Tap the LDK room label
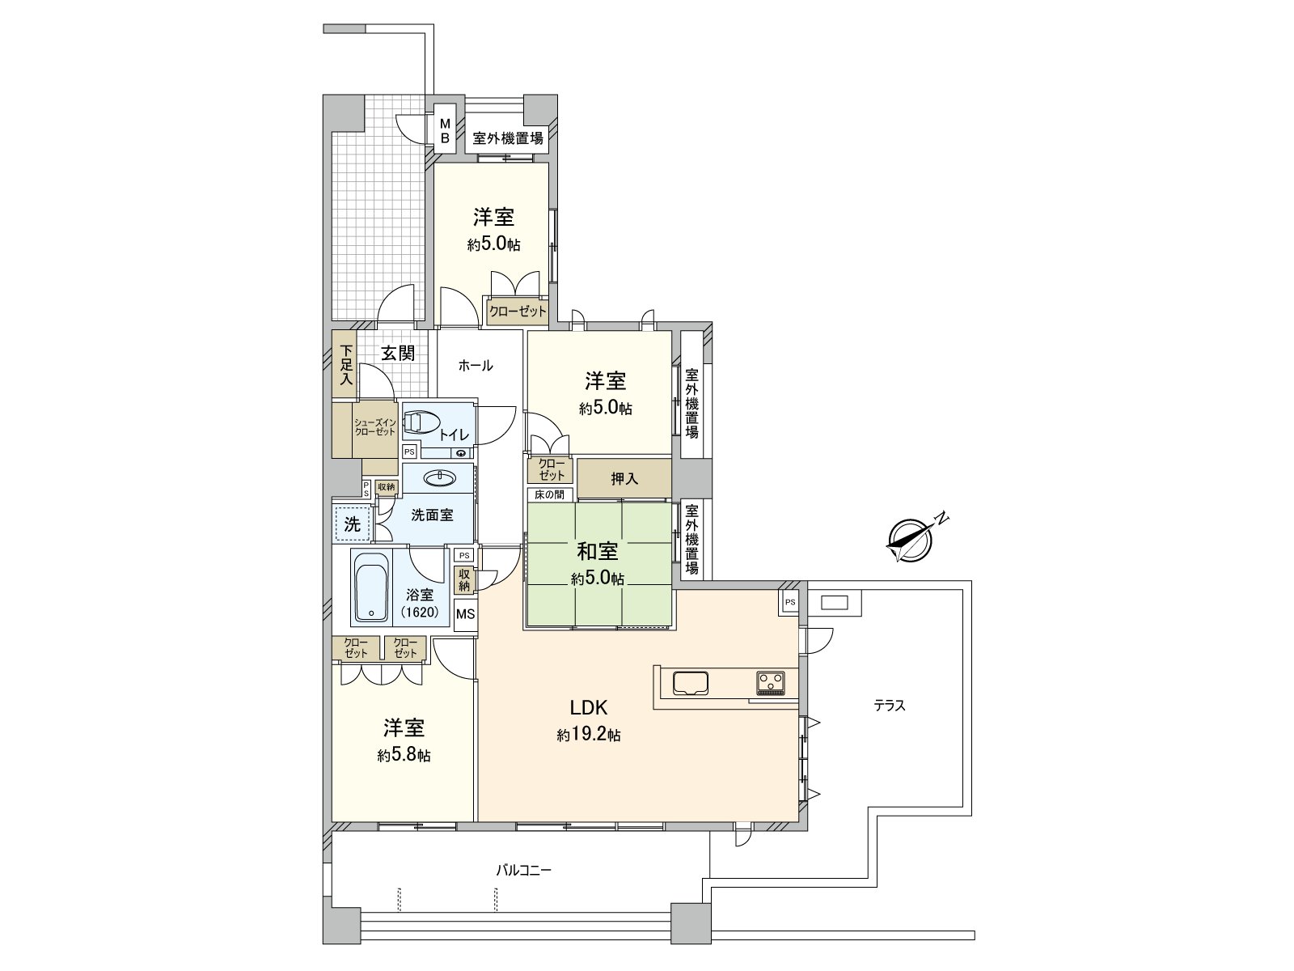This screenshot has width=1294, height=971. (588, 707)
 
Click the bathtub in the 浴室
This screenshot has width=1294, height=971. (371, 587)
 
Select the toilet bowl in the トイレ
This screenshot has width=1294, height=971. (421, 422)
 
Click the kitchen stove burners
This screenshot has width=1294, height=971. (770, 683)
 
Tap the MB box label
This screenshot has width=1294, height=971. (444, 130)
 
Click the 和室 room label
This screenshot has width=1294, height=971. (598, 552)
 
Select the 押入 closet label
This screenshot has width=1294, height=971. (624, 478)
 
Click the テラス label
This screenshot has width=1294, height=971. (889, 706)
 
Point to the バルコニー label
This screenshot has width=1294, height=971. (523, 871)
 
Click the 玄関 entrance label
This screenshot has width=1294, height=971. (398, 353)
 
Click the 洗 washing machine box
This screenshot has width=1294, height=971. (353, 524)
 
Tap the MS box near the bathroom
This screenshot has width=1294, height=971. (465, 614)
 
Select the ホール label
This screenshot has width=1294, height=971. (475, 366)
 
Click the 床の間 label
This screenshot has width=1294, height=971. (550, 494)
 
